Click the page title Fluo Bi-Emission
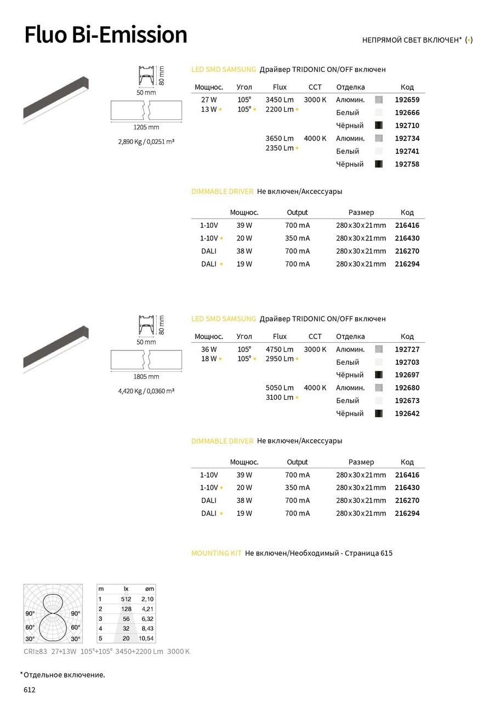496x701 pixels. tap(106, 35)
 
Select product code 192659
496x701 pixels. tap(407, 100)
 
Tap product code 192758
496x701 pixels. tap(407, 164)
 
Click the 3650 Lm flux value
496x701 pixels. tap(280, 139)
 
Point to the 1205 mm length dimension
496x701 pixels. tap(146, 128)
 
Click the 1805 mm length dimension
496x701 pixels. tap(146, 377)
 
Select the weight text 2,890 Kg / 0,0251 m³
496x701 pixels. tap(146, 142)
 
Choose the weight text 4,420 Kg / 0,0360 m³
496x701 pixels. tap(146, 391)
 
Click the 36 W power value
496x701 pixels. tap(209, 349)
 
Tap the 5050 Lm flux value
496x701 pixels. tap(280, 388)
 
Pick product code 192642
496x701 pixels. tap(407, 413)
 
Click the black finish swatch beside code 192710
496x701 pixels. tap(378, 125)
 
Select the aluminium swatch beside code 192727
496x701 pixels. tap(378, 349)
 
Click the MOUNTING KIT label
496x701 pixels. tap(216, 553)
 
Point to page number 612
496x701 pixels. tap(30, 689)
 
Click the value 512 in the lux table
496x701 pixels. tap(126, 599)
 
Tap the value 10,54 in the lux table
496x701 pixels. tap(146, 639)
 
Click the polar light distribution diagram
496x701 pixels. tap(53, 613)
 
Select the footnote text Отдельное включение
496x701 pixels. tap(64, 675)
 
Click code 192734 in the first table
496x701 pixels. tap(407, 139)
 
